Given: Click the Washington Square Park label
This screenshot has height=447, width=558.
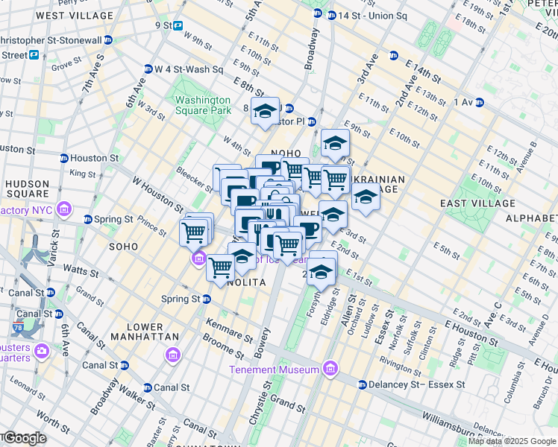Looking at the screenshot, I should (x=202, y=105).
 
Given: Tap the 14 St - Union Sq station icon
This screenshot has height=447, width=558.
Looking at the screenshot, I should (x=318, y=14).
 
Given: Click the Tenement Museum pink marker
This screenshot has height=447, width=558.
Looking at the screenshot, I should (x=330, y=369).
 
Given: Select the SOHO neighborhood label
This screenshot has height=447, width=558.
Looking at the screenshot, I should (x=124, y=245).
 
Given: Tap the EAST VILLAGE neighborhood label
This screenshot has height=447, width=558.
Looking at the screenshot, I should (x=477, y=203).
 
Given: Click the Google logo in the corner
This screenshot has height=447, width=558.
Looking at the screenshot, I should (x=24, y=438).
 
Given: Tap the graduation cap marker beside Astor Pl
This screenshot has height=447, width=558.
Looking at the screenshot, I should (x=264, y=112).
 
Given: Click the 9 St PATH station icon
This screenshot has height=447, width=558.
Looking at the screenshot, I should (x=178, y=25).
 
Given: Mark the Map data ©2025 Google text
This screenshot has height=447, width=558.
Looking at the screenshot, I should (x=512, y=441).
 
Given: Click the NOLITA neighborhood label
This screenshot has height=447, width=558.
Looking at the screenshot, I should (x=243, y=283).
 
